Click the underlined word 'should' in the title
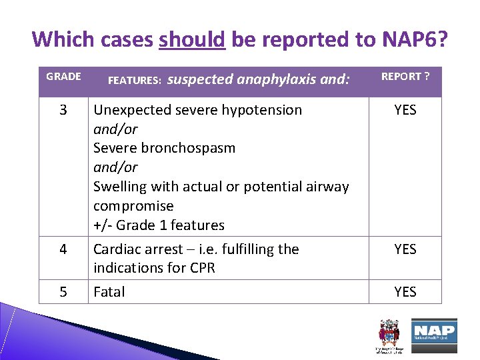coord(193,40)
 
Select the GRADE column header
coord(63,77)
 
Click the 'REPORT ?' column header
coord(405,77)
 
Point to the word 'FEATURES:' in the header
coord(134,80)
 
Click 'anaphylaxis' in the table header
coord(274,79)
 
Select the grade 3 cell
coord(63,110)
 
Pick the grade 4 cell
coord(63,249)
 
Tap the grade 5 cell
coord(63,292)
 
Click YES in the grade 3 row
coord(405,110)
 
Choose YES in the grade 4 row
coord(405,249)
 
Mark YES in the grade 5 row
coord(405,292)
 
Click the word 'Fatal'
coord(109,292)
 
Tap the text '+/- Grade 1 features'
coord(159,225)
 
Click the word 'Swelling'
coord(120,187)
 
